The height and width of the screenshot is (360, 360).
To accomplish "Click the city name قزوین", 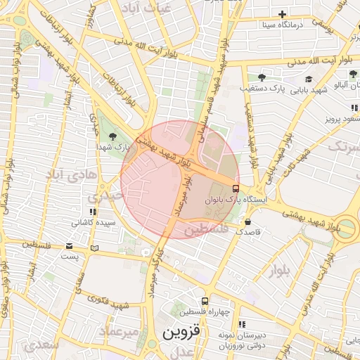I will click(181, 331).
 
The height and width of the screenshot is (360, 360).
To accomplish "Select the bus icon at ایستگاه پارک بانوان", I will click(235, 188).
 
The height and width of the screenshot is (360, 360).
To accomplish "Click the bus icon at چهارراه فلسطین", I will click(205, 300).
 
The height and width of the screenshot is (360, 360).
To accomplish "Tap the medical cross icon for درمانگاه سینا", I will click(283, 14).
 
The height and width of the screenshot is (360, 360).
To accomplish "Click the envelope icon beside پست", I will click(69, 246).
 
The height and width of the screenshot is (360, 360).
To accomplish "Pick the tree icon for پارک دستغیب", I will click(262, 77).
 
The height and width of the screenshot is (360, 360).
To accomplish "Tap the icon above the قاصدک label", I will click(248, 221).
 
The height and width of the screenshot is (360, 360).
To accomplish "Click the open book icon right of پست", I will click(95, 248).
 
